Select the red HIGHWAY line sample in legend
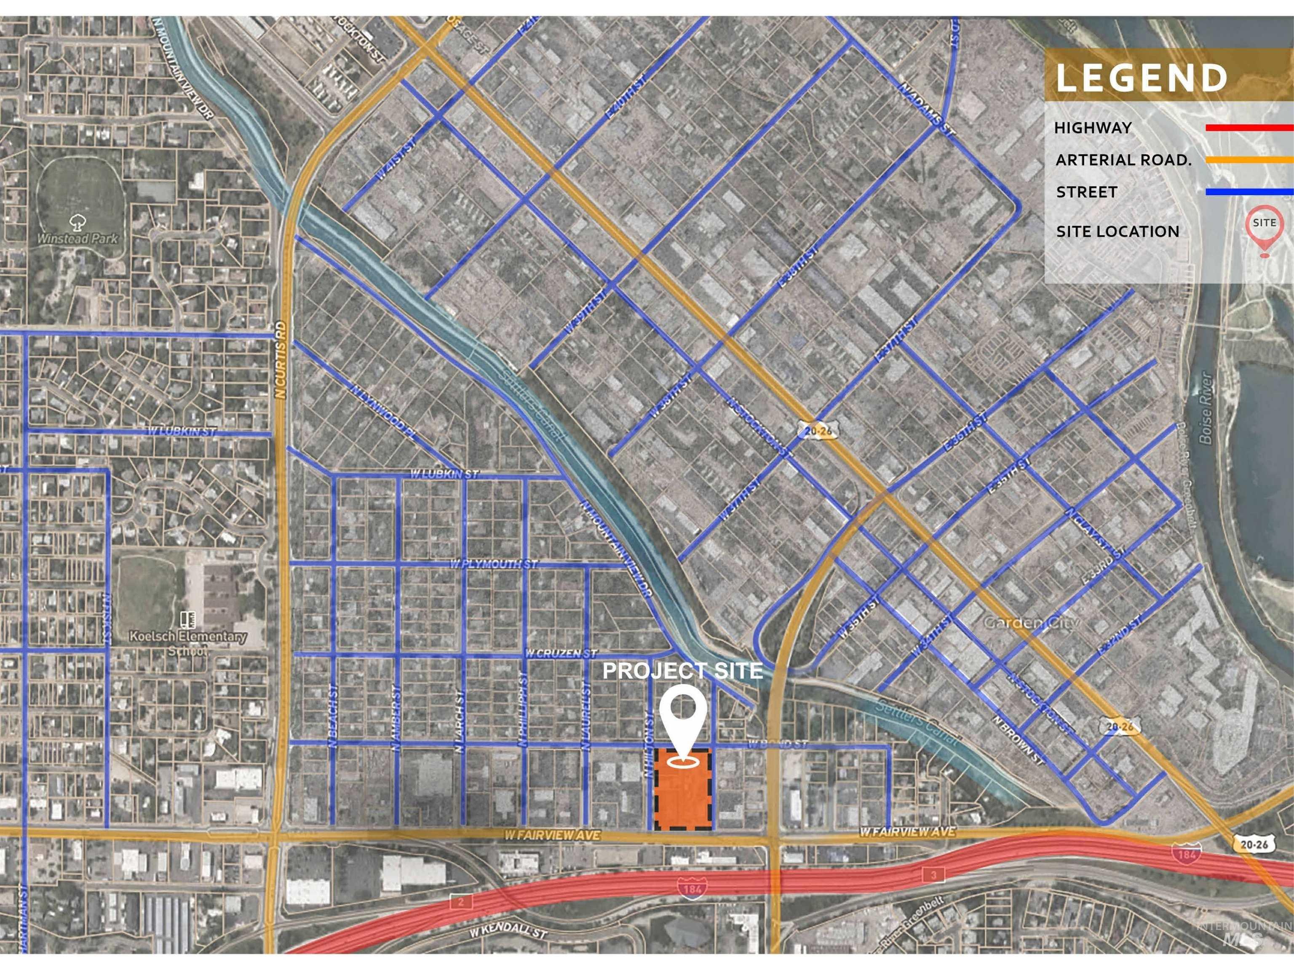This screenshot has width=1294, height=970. point(1249,128)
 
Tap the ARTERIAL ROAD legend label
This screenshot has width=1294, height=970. point(1123,160)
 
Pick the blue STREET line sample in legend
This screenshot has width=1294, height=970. point(1249,191)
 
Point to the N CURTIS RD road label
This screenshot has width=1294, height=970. point(281,360)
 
